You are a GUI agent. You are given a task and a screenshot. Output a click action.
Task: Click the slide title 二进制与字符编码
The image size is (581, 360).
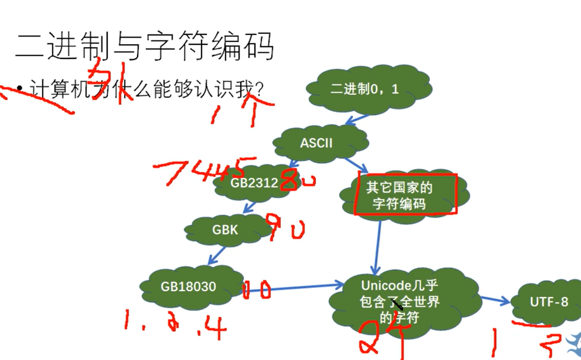click(x=144, y=45)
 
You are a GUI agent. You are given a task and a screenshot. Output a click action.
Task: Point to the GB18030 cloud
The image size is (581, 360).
click(x=189, y=286)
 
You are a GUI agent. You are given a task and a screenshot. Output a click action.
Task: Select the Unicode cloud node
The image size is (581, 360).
click(x=400, y=301)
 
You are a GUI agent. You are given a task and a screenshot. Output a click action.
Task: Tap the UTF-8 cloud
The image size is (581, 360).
click(x=548, y=302)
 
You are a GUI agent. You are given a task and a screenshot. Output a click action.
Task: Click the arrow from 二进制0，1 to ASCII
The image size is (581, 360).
click(x=358, y=119)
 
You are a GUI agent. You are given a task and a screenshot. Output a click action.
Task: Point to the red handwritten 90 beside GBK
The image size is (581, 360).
click(x=287, y=227)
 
